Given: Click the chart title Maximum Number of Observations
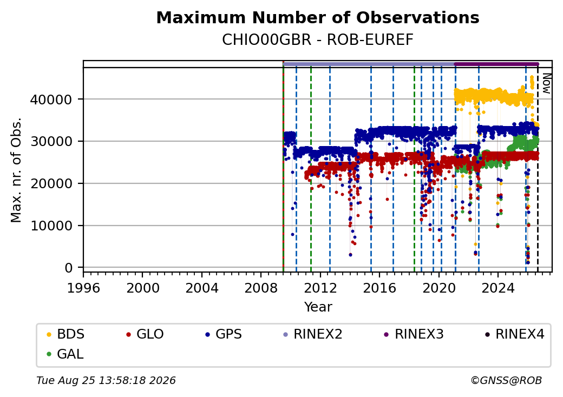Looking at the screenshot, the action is click(318, 17).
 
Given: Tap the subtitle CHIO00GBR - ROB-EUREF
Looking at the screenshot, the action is click(318, 40).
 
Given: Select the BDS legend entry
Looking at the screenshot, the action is click(66, 334).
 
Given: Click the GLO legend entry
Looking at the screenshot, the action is click(145, 334).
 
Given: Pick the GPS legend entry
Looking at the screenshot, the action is click(224, 334).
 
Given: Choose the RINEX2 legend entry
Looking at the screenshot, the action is click(312, 334).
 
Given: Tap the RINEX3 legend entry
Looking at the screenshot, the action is click(414, 334).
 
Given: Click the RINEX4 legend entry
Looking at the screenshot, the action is click(514, 334).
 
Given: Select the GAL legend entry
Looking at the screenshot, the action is click(65, 354).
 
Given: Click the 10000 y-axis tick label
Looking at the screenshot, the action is click(51, 226).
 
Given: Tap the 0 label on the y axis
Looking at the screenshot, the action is click(69, 268).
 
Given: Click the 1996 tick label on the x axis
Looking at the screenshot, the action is click(84, 288).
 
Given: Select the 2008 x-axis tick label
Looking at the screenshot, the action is click(261, 288).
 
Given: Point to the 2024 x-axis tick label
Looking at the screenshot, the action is click(497, 288).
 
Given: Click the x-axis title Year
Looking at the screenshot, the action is click(318, 307).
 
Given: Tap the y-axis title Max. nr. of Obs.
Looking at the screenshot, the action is click(16, 170).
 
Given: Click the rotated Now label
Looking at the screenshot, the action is click(546, 83).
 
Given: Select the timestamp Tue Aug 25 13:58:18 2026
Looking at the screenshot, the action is click(106, 380).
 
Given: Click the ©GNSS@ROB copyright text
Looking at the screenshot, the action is click(506, 380).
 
